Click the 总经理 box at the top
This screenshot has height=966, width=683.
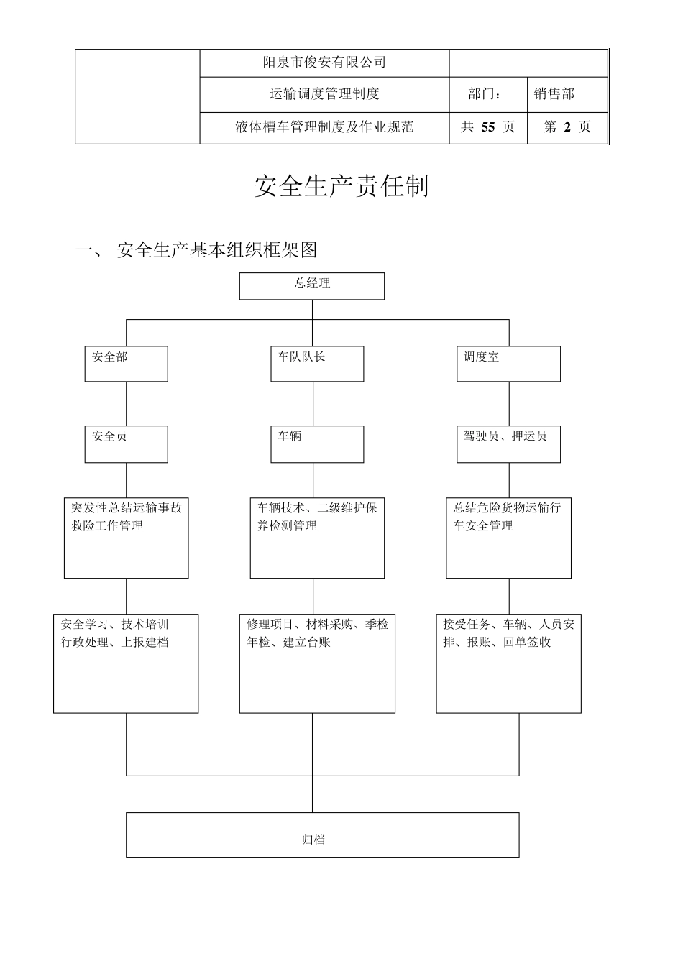311,286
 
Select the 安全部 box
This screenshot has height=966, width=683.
126,364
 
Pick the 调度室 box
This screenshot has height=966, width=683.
509,364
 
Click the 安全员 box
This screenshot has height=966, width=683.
126,443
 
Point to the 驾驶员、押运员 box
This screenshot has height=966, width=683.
509,443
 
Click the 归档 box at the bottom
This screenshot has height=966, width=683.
322,834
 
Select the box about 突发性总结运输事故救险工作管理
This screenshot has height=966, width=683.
126,538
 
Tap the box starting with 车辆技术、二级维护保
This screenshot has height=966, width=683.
316,538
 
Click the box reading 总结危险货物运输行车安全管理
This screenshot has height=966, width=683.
508,538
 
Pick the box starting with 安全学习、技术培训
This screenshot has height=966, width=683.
126,663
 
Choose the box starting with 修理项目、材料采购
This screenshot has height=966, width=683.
317,663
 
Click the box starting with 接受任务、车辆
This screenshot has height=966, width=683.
508,663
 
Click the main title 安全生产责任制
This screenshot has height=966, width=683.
341,186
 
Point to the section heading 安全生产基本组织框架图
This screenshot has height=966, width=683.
216,250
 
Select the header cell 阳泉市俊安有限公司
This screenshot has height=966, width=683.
324,63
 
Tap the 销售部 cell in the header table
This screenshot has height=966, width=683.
554,94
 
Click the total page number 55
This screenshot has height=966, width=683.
488,127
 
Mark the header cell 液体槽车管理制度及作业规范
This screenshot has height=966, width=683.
324,127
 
